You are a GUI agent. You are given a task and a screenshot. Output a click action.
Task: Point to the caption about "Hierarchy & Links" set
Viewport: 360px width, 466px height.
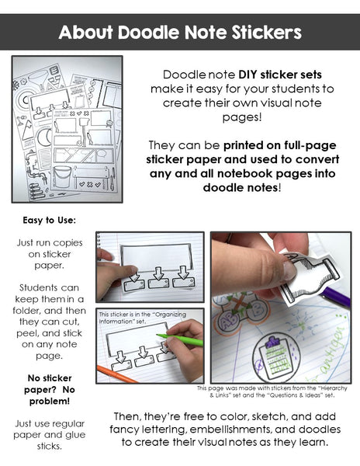(x=273, y=391)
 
